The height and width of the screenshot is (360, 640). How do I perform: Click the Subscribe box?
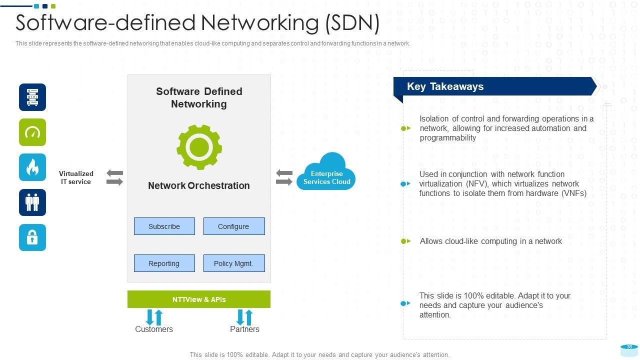tap(164, 226)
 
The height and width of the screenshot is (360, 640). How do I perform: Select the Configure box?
tap(233, 226)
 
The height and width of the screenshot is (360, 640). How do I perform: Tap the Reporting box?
tap(164, 263)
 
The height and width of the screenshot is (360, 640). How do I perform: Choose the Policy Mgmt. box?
tap(233, 263)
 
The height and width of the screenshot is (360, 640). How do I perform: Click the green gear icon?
tap(199, 147)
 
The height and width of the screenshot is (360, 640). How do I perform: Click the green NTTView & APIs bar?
tap(198, 299)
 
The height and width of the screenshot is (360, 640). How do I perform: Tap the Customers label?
tap(154, 329)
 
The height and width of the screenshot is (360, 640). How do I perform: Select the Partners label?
tap(244, 329)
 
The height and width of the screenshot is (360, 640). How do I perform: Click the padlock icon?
tap(32, 237)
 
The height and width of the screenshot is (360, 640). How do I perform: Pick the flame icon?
tap(32, 167)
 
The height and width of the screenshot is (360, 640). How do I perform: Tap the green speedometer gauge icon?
tap(32, 132)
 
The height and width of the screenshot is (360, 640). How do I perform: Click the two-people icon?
tap(32, 202)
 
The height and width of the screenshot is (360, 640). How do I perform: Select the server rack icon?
tap(32, 97)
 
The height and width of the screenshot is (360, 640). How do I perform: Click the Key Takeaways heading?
tap(445, 86)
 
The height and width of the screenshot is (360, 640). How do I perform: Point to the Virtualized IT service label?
tap(76, 177)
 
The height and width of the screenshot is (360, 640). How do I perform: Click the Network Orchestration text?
tap(198, 185)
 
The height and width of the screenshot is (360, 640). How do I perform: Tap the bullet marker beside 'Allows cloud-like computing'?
tap(406, 241)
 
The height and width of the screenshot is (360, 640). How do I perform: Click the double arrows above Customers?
tap(154, 317)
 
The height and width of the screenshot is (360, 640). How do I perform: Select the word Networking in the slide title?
tap(260, 23)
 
